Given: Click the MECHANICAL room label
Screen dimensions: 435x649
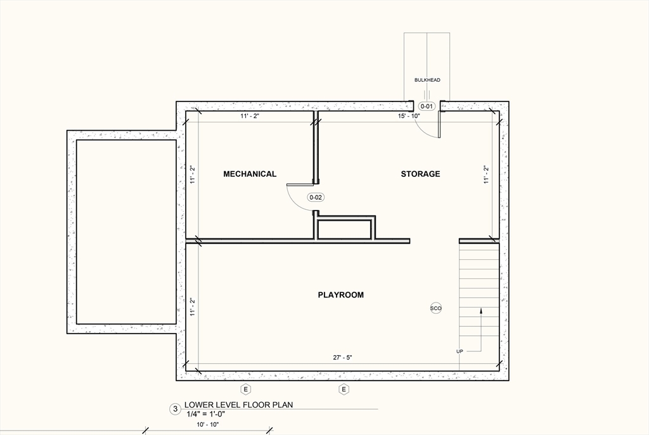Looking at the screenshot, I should point(250,174).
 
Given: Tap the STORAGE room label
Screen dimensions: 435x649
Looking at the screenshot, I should point(420,174).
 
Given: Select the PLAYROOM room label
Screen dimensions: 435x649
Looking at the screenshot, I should point(340,295).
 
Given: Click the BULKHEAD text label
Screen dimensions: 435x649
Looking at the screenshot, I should point(427,80).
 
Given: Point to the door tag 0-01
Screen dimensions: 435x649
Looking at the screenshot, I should point(427,106).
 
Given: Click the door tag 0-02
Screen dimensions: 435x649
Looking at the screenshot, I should point(316,197).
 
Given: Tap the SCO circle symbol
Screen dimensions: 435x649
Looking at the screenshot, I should point(436,308).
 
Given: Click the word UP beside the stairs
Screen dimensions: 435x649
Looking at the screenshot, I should point(459,351).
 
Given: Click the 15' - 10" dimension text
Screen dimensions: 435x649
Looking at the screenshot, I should point(408,116).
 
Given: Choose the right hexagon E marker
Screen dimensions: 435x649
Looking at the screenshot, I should point(344,389).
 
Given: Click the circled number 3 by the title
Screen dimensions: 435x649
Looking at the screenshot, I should point(175,409).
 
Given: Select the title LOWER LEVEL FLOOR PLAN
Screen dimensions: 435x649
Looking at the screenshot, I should point(238,405).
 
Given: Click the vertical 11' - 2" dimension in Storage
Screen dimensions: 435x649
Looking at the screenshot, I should point(485,174).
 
